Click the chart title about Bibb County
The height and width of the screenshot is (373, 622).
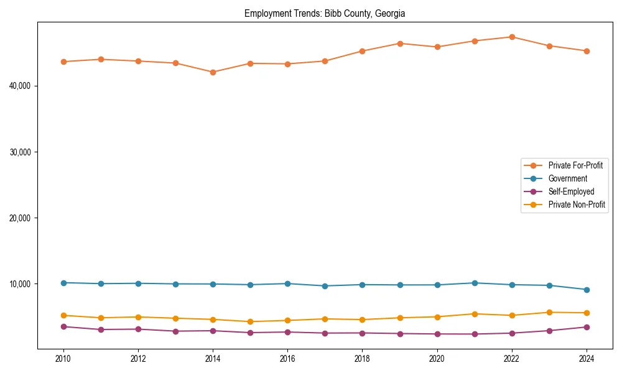[x=325, y=13]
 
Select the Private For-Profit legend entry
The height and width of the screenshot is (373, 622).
[x=575, y=165]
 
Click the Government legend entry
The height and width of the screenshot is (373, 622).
[x=567, y=178]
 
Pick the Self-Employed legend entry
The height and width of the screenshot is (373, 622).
[x=571, y=191]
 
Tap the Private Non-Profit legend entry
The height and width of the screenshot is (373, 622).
[x=577, y=205]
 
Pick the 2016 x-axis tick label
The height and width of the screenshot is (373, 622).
[x=287, y=359]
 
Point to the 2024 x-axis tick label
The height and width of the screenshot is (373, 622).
[x=587, y=359]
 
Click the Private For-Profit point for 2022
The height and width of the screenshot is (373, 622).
[x=512, y=37]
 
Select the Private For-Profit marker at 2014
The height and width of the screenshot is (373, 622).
[x=213, y=72]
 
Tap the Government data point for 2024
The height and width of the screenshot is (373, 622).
[x=587, y=290]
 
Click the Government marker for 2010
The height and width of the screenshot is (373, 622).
[x=63, y=283]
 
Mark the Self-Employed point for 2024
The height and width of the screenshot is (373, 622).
[x=587, y=327]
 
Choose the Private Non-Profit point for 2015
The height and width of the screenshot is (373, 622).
[x=250, y=321]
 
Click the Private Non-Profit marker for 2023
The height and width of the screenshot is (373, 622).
[x=549, y=312]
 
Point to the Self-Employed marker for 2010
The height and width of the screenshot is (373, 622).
[x=63, y=326]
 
